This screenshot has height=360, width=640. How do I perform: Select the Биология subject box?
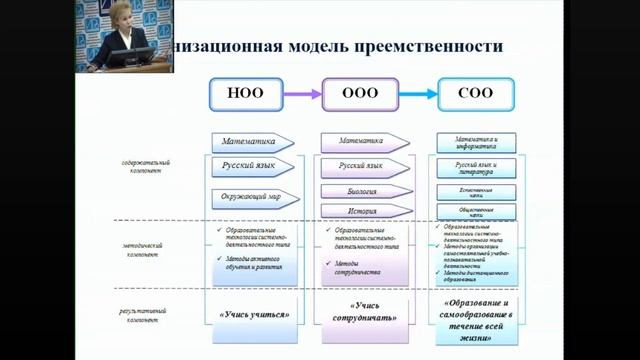pyautogui.click(x=361, y=190)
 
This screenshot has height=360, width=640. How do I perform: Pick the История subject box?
pyautogui.click(x=361, y=212)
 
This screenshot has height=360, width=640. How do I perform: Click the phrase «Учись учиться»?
pyautogui.click(x=254, y=314)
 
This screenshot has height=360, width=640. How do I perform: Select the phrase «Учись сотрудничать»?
pyautogui.click(x=360, y=312)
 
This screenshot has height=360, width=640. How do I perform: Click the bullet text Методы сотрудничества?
pyautogui.click(x=346, y=268)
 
